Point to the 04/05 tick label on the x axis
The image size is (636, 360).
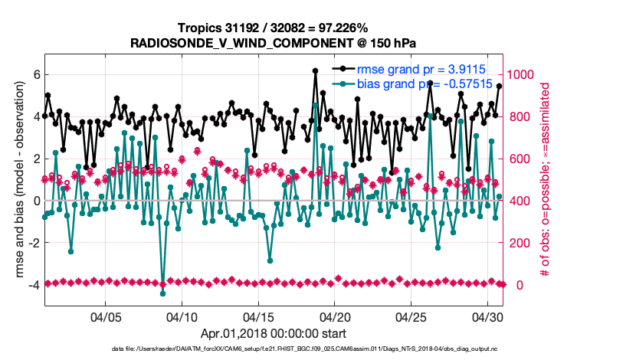click(107, 316)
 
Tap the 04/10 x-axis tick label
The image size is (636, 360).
click(182, 316)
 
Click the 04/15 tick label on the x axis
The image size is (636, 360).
click(259, 316)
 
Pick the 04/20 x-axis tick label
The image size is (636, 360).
click(335, 316)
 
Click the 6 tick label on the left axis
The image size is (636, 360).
click(35, 75)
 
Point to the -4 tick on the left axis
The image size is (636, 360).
click(32, 285)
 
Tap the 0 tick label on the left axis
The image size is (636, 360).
click(35, 201)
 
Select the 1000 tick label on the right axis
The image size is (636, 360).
click(525, 75)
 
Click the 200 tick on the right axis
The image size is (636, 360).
click(522, 243)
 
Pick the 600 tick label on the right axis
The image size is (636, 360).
click(522, 159)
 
